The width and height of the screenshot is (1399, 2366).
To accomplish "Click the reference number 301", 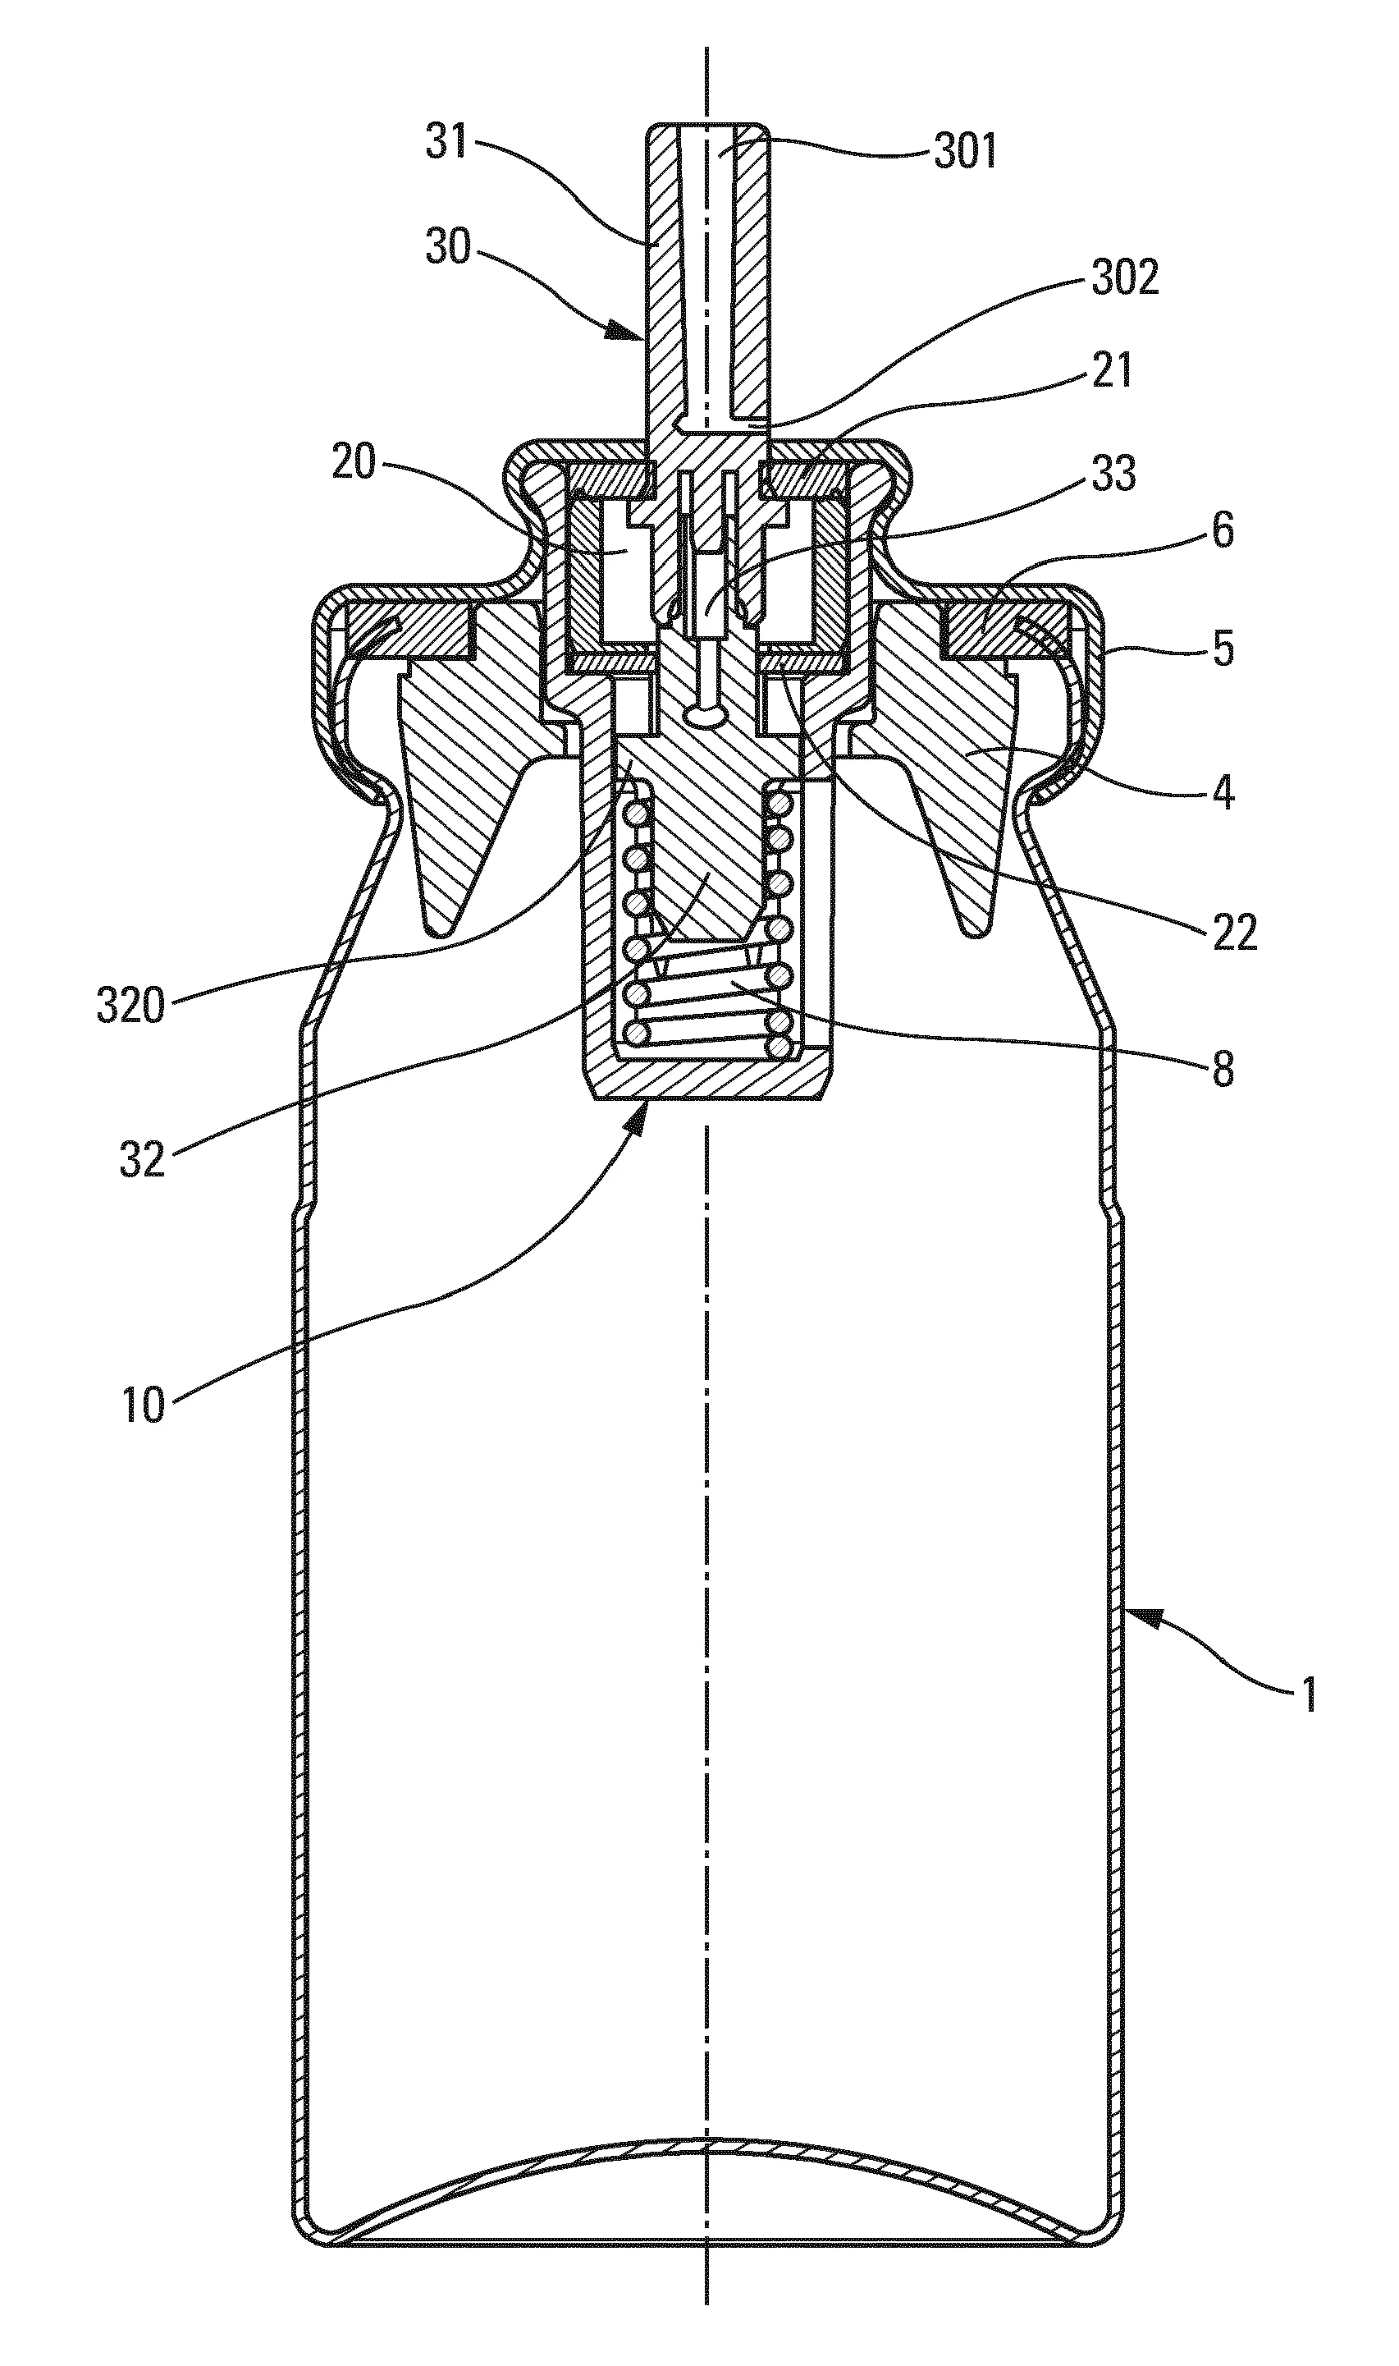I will (964, 152).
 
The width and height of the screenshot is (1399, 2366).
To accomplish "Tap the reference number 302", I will (1125, 278).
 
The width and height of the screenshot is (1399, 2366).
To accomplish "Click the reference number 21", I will (1112, 369).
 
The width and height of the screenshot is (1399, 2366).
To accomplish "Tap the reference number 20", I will (354, 462).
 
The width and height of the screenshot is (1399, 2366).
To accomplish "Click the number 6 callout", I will (1222, 531).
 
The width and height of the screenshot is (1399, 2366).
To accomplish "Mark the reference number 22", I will (1234, 933).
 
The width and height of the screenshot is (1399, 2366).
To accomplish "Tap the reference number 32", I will (142, 1159).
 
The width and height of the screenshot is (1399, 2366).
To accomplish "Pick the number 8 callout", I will (1223, 1071).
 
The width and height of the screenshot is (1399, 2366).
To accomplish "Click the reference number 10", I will (144, 1405).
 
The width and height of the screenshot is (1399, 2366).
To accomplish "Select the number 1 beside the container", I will (1309, 1694).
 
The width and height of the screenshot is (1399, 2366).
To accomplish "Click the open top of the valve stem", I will (706, 126).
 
